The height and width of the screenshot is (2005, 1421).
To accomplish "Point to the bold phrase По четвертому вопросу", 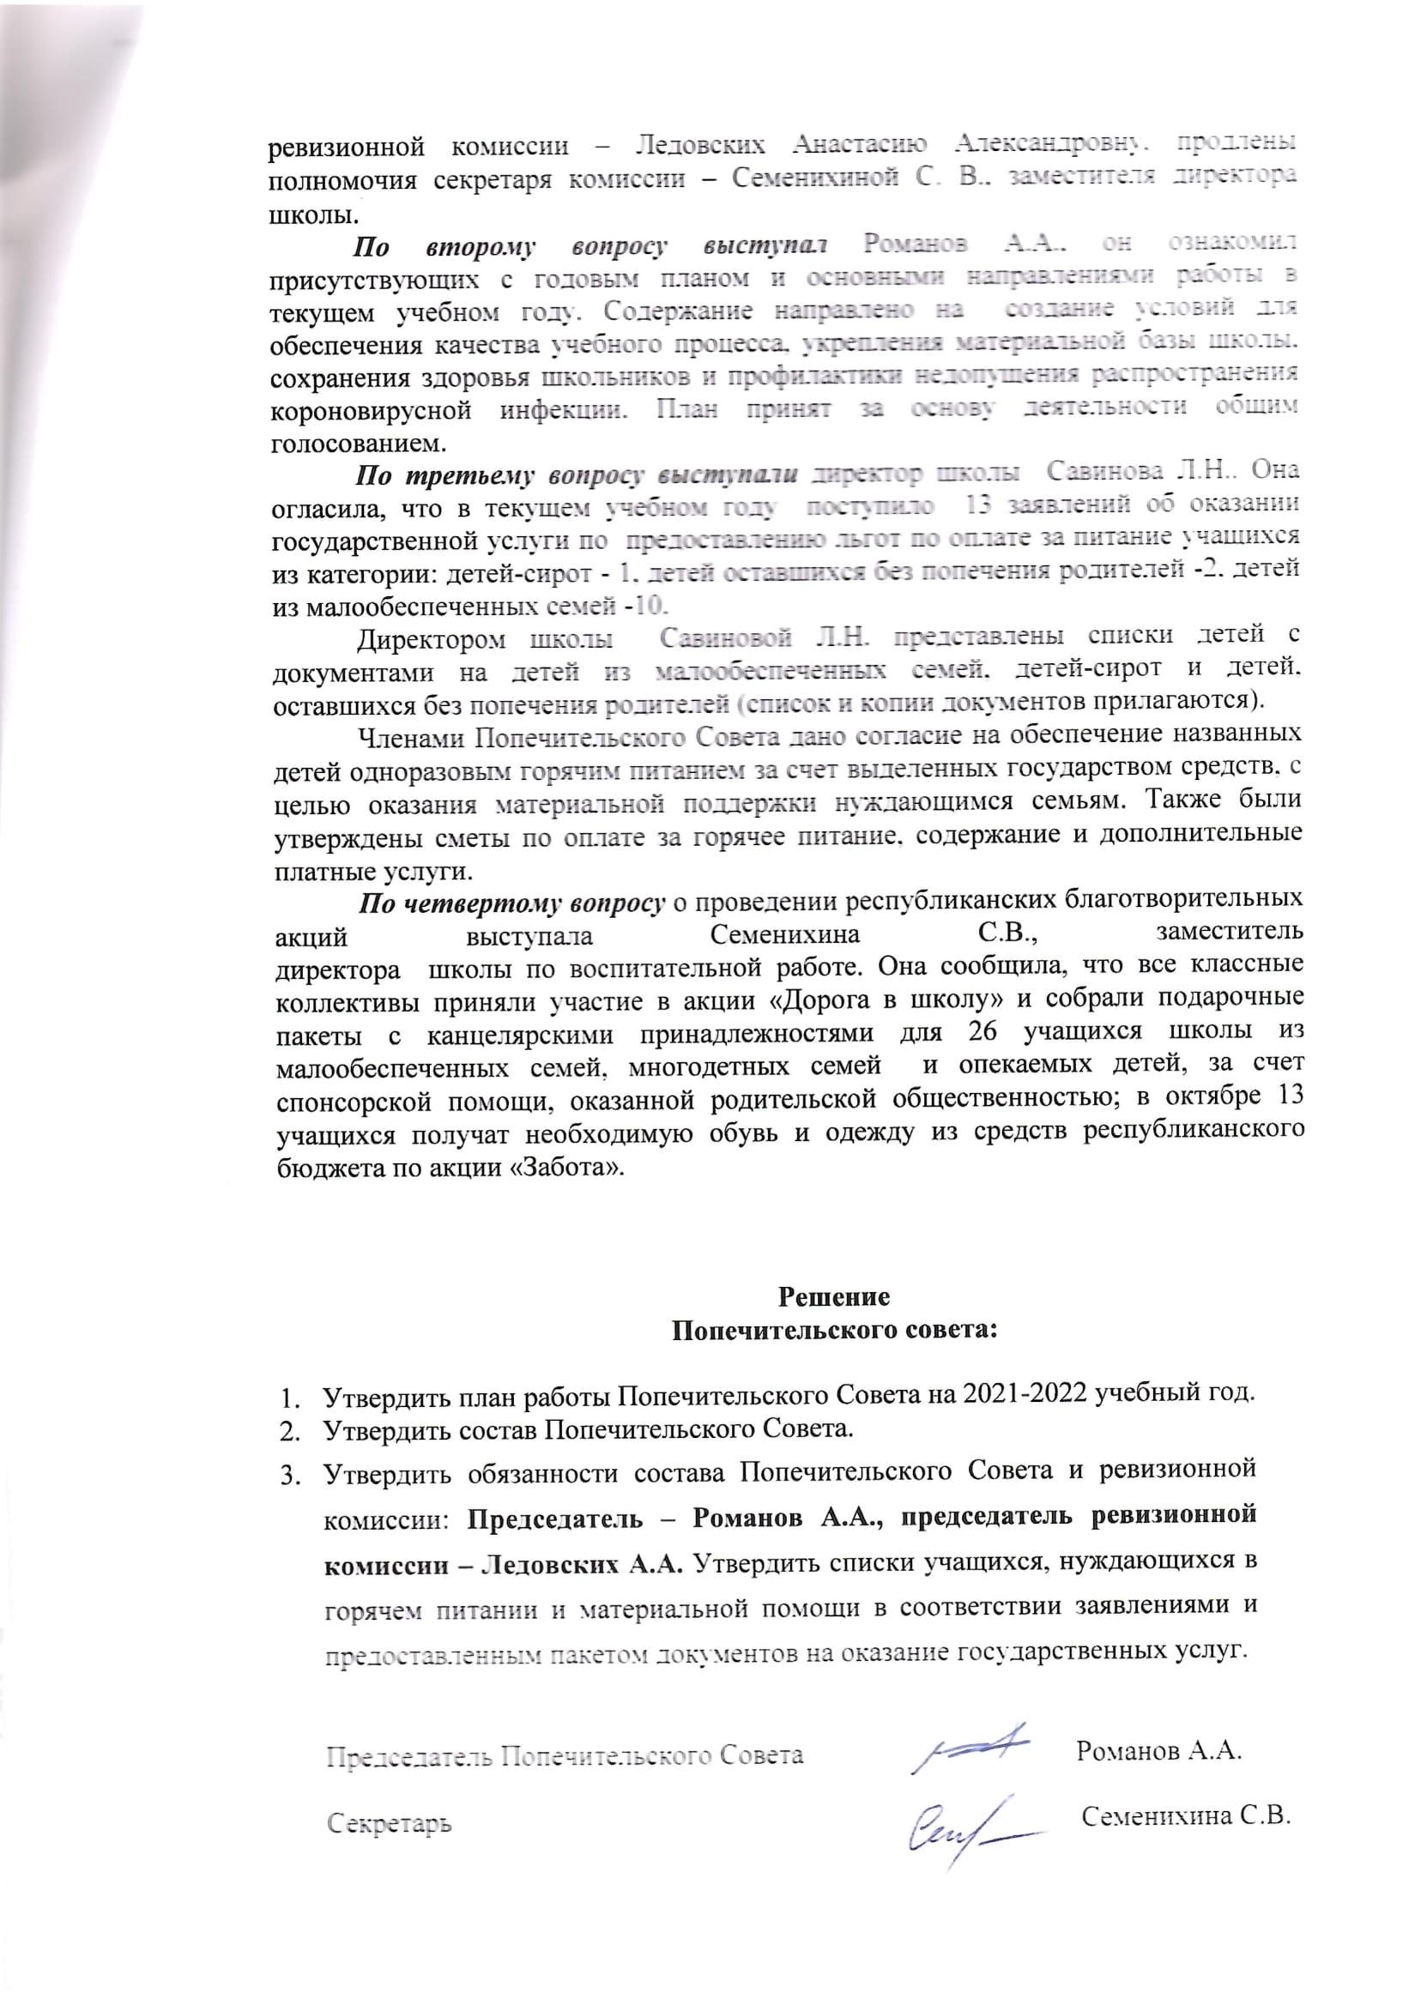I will point(513,903).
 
